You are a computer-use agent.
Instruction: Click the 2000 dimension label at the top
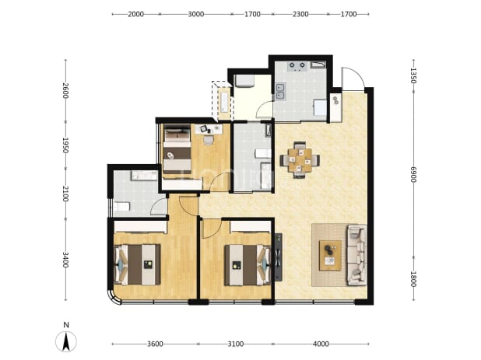pyautogui.click(x=136, y=14)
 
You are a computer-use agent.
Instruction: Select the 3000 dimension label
pyautogui.click(x=196, y=14)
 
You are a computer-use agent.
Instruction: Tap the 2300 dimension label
pyautogui.click(x=300, y=14)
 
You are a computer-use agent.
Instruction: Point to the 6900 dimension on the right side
pyautogui.click(x=413, y=175)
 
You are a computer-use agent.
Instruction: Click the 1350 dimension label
pyautogui.click(x=413, y=75)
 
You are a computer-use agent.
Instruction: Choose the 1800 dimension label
pyautogui.click(x=413, y=279)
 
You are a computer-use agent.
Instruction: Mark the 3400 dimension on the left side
pyautogui.click(x=65, y=260)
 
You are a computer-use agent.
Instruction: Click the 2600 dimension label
pyautogui.click(x=65, y=91)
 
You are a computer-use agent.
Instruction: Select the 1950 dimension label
pyautogui.click(x=65, y=145)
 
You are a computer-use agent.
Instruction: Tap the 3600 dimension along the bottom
pyautogui.click(x=155, y=344)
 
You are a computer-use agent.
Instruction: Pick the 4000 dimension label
pyautogui.click(x=321, y=344)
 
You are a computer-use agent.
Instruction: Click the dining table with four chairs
pyautogui.click(x=300, y=160)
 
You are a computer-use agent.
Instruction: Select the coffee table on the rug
pyautogui.click(x=330, y=256)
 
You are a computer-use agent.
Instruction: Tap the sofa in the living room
pyautogui.click(x=357, y=255)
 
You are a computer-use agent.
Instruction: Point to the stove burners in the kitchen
pyautogui.click(x=297, y=66)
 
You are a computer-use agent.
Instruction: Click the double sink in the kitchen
pyautogui.click(x=280, y=91)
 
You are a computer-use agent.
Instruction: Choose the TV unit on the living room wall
pyautogui.click(x=278, y=257)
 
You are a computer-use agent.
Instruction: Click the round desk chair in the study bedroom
pyautogui.click(x=209, y=140)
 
